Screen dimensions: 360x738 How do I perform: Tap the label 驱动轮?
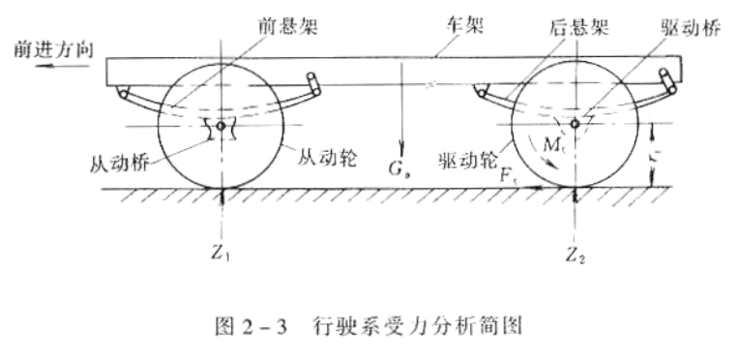pyautogui.click(x=461, y=158)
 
